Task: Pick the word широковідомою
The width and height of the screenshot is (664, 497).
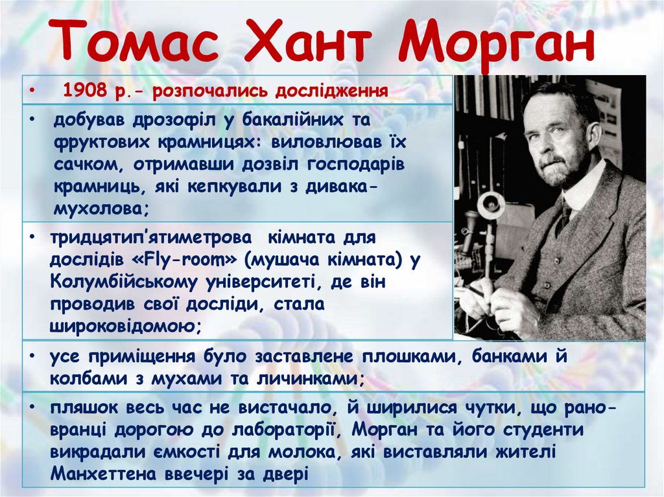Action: pos(124,325)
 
